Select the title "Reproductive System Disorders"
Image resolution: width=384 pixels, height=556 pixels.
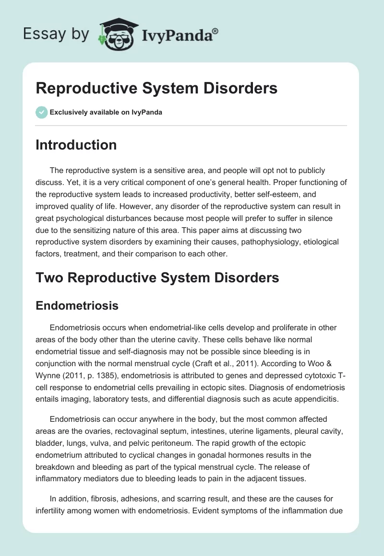(156, 89)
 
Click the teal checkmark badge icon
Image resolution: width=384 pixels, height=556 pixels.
(41, 112)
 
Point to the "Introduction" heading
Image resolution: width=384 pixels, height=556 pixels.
(76, 145)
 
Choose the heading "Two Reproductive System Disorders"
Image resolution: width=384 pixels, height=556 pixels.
(157, 277)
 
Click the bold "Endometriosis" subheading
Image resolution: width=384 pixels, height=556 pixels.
(77, 305)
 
